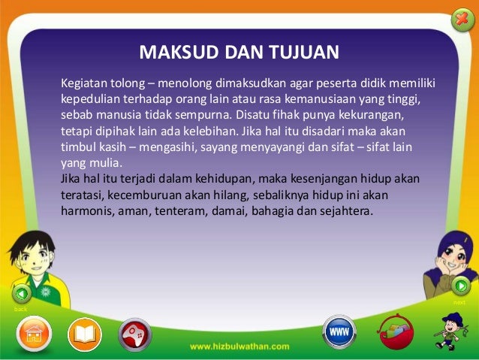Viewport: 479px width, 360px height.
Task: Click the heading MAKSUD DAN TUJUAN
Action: (x=239, y=52)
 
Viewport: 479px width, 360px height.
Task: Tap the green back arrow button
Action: (x=22, y=293)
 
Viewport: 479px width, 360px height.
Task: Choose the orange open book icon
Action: (x=84, y=334)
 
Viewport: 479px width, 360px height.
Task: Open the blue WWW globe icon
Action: (x=339, y=331)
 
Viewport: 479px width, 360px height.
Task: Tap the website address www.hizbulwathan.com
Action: (x=239, y=346)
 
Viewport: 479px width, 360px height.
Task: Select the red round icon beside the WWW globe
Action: (x=396, y=331)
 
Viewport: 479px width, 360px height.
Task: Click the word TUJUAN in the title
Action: (x=308, y=52)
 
